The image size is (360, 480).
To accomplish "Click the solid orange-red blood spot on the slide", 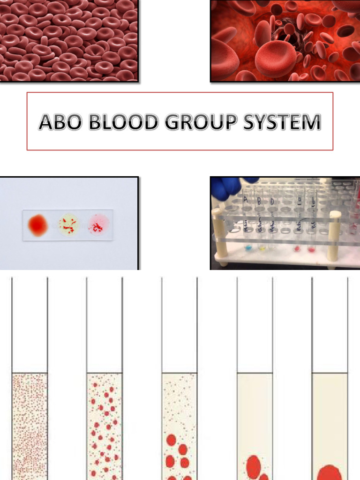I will [x=38, y=225].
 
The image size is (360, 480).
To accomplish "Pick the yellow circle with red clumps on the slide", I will [x=68, y=225].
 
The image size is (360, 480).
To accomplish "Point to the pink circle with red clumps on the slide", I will [x=98, y=225].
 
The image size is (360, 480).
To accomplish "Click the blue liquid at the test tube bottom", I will [x=248, y=247].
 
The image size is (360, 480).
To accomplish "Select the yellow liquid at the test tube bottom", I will [x=262, y=247].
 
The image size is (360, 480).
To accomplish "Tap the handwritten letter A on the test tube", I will [x=245, y=199].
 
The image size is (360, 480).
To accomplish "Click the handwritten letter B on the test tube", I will [x=259, y=200].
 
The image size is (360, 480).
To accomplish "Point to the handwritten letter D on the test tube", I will [x=271, y=201].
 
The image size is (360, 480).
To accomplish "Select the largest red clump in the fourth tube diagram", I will [x=254, y=466].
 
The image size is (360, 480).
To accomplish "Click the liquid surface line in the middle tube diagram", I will [x=180, y=373].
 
